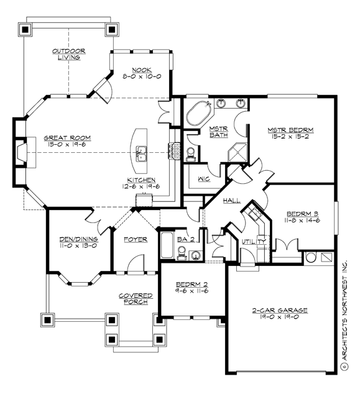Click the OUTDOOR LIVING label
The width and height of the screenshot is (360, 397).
[68, 54]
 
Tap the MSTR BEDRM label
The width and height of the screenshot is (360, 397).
[290, 130]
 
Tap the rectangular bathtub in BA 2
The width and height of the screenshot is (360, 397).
[167, 246]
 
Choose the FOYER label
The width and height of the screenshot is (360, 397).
[135, 239]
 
